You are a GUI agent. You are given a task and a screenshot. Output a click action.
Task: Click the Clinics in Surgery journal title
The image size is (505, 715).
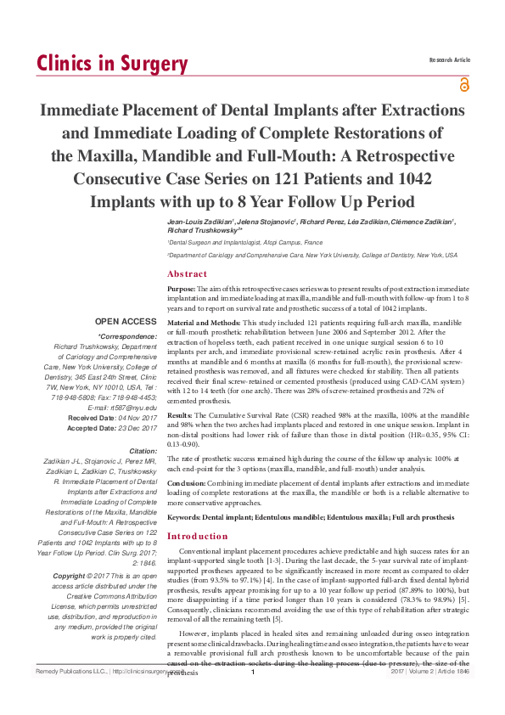click(x=111, y=64)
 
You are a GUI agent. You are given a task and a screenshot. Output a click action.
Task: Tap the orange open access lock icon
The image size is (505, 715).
click(x=463, y=84)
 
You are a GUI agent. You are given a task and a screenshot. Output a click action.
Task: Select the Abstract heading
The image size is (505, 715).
click(x=187, y=274)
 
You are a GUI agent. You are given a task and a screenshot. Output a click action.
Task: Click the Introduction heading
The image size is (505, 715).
click(x=198, y=537)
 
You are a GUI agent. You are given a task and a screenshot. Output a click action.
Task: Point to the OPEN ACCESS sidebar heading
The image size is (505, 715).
click(x=126, y=323)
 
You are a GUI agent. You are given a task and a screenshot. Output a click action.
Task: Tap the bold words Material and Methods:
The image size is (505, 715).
click(x=204, y=324)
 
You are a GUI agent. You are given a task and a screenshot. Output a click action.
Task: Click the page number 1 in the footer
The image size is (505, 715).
click(x=252, y=696)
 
